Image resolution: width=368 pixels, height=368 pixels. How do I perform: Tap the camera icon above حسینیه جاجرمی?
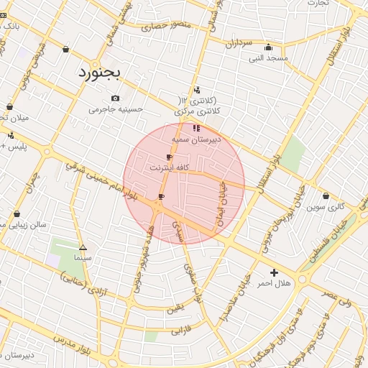click(115, 98)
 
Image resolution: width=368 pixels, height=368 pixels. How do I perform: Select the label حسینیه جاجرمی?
click(116, 110)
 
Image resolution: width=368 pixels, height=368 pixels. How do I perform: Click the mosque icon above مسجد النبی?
click(269, 47)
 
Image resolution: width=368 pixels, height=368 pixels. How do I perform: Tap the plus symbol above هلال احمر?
click(274, 272)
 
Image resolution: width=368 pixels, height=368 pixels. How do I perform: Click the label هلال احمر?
click(275, 284)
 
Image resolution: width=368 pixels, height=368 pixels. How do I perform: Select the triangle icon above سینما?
click(83, 247)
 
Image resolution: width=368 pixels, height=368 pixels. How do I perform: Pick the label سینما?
click(83, 257)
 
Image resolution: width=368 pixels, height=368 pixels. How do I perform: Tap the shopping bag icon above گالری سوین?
click(326, 195)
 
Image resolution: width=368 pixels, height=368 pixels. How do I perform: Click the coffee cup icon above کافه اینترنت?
click(170, 157)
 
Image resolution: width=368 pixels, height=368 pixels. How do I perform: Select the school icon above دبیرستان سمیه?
click(196, 128)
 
